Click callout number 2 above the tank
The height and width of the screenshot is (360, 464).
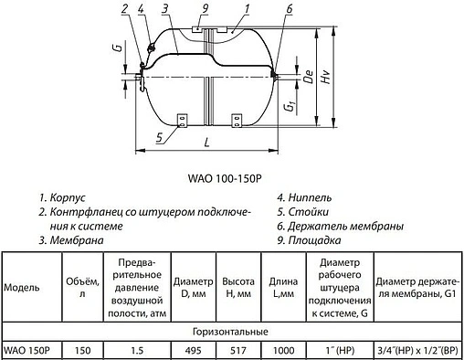(x=124, y=11)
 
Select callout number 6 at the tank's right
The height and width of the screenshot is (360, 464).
(x=289, y=11)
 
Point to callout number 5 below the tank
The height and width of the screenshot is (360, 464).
(x=161, y=138)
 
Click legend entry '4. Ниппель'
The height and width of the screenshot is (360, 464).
(x=305, y=196)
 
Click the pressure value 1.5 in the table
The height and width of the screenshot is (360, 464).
(x=135, y=351)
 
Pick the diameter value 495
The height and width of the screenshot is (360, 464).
(x=192, y=351)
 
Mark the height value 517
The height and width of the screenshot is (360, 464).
(x=237, y=351)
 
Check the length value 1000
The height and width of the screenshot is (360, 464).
(x=283, y=351)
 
